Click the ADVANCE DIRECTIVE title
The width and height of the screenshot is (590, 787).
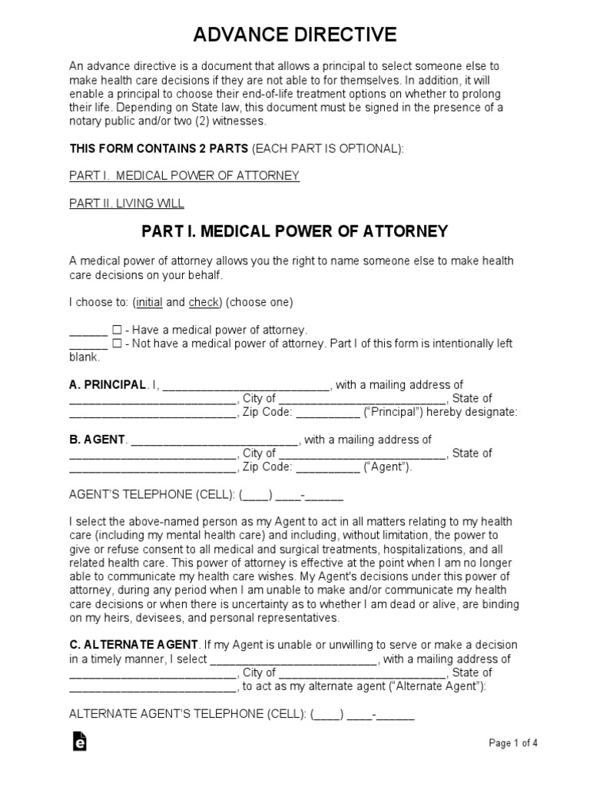[x=295, y=35]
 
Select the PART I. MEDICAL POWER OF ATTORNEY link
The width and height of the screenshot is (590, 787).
[x=184, y=176]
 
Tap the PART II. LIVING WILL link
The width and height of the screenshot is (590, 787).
[x=127, y=204]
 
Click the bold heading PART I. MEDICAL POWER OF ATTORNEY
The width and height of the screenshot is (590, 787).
[x=295, y=231]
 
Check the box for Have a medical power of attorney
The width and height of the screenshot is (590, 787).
[x=117, y=329]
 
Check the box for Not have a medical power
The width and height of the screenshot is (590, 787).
[x=117, y=344]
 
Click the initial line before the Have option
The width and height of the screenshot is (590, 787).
[x=88, y=330]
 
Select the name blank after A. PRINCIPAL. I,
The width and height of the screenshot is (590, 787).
[x=247, y=386]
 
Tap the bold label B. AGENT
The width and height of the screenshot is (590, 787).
[x=97, y=440]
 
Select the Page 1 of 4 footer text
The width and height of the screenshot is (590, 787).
[x=513, y=742]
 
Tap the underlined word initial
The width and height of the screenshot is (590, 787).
[x=149, y=302]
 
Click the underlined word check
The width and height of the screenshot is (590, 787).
[x=204, y=302]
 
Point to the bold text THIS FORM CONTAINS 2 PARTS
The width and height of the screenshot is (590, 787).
[x=159, y=148]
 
